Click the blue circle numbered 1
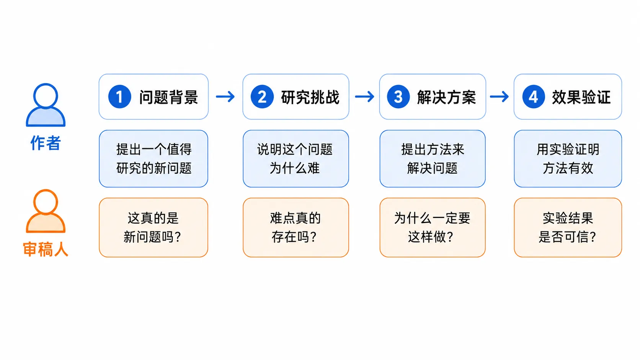(120, 96)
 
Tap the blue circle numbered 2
(262, 96)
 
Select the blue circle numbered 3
(398, 96)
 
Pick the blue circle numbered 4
(534, 96)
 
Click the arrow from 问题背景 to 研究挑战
(225, 96)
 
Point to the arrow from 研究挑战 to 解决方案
(364, 96)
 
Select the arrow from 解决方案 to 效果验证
(500, 96)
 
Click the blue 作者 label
(46, 143)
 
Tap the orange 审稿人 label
(46, 249)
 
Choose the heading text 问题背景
(168, 97)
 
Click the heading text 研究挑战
(310, 97)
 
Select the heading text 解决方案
(447, 97)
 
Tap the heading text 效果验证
(581, 97)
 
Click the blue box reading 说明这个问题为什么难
(296, 159)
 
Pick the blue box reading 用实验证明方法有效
(568, 159)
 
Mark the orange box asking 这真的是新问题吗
(153, 228)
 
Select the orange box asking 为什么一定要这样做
(433, 228)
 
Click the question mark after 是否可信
(593, 237)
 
